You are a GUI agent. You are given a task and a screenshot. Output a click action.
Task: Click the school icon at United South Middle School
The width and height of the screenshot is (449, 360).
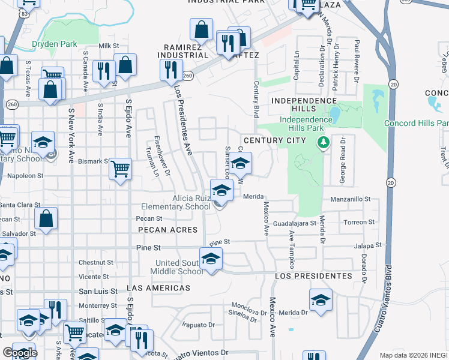[x=211, y=258]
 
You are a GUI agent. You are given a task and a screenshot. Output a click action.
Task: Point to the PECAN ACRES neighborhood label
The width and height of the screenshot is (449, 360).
[x=167, y=230]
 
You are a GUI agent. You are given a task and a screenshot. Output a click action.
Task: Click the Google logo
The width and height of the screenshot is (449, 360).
[x=20, y=353]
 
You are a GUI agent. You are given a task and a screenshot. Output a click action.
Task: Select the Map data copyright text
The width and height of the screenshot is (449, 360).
[x=413, y=355]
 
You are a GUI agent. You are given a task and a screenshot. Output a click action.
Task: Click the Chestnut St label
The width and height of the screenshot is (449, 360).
[x=95, y=262]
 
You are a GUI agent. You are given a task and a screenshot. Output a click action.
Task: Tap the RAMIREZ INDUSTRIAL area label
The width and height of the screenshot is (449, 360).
[x=182, y=50]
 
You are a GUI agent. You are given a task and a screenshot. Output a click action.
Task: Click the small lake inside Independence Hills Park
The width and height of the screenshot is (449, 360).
[x=333, y=112]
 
